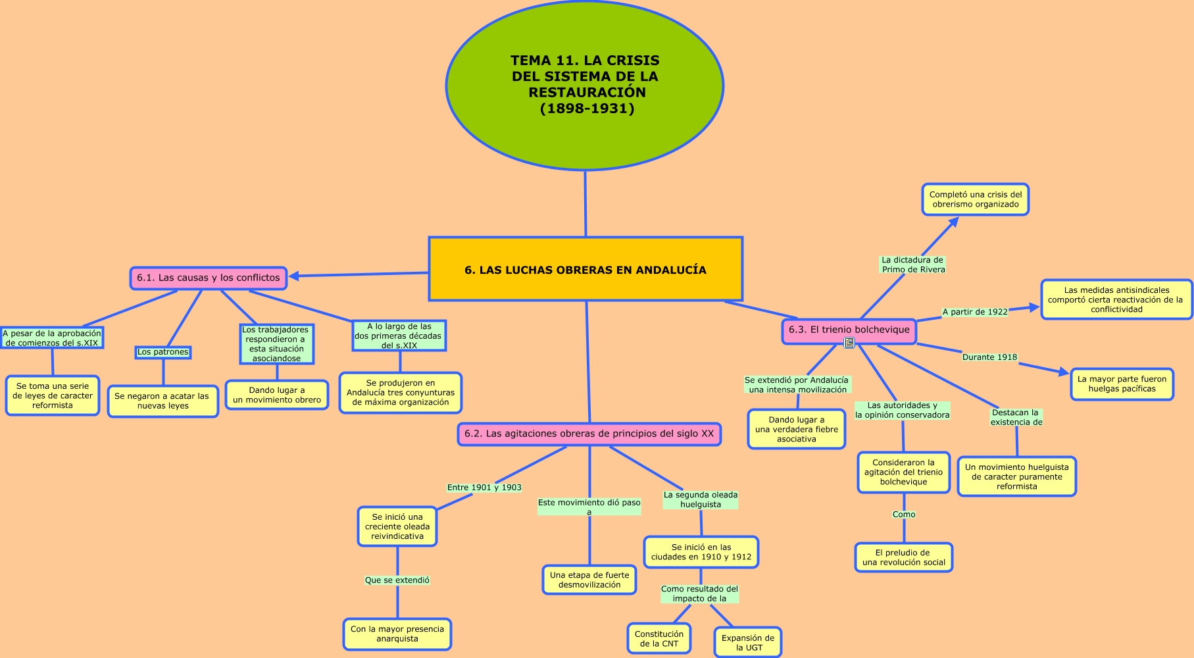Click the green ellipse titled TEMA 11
pos(585,85)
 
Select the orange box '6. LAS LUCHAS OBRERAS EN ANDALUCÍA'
pos(585,269)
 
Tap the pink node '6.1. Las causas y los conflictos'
pos(209,278)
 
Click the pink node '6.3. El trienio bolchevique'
pos(849,330)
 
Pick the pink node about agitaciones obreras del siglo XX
pos(589,434)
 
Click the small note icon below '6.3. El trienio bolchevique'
pos(849,343)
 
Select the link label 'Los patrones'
pos(162,352)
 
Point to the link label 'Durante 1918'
pos(989,357)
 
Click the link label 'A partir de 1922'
pos(975,312)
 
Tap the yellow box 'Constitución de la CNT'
pos(659,639)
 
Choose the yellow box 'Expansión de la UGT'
pos(748,642)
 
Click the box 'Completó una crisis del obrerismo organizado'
pos(975,199)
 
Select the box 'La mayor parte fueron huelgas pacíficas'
pos(1122,384)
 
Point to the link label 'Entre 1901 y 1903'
pos(484,488)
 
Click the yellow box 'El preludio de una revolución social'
pos(903,557)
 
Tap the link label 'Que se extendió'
pos(397,580)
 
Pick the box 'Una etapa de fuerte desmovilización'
pos(589,580)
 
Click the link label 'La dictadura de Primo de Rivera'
pos(913,265)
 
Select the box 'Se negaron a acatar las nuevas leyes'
pos(162,401)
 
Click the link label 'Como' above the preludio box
pos(904,515)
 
